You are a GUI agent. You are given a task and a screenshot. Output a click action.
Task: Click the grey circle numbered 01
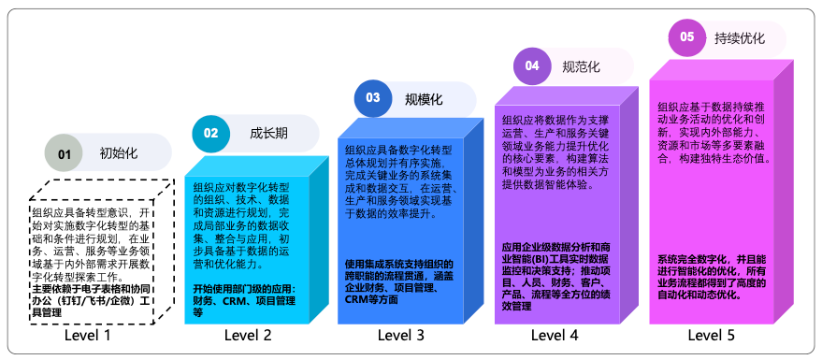coord(64,153)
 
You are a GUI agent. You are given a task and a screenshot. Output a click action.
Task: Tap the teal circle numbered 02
coord(210,133)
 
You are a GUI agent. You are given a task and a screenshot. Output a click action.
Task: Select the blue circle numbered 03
coord(372,98)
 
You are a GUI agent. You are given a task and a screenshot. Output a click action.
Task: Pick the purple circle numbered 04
coord(531,65)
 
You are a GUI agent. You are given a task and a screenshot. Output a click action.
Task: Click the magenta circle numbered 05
coord(686,37)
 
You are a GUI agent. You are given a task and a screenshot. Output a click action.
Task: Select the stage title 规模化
coord(424,98)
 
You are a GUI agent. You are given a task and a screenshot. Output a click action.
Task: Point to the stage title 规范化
coord(581,66)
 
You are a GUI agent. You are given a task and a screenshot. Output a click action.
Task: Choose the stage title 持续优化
coord(739,38)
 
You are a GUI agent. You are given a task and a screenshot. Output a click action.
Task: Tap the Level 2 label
coord(248,335)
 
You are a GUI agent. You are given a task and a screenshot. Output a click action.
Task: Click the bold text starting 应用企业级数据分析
coord(557,276)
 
